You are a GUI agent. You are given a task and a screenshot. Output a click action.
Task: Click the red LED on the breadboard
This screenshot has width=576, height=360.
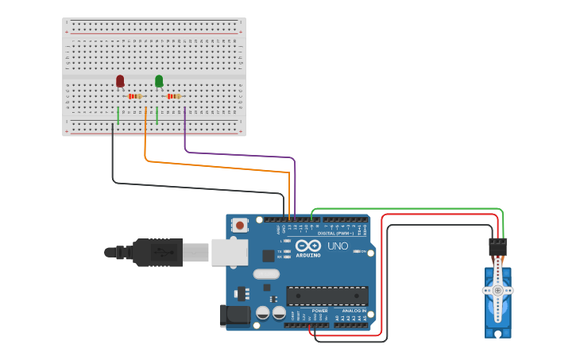point(120,80)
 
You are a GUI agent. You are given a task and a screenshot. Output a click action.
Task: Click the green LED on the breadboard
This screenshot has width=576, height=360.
point(159,80)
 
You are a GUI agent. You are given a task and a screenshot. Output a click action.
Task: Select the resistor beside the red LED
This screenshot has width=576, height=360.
point(134,96)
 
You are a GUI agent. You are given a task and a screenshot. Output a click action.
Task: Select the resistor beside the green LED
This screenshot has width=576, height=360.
point(173,96)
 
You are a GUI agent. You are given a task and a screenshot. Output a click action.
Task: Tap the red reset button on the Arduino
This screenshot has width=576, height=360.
point(239,226)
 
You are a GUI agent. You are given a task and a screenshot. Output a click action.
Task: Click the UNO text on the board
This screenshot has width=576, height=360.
point(338,246)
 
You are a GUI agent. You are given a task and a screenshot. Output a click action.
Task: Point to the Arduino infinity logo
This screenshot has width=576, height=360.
point(308,246)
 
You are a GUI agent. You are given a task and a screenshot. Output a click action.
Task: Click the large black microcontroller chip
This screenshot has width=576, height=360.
point(327,296)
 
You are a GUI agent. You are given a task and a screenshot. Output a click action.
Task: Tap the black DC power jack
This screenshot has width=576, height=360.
point(235,315)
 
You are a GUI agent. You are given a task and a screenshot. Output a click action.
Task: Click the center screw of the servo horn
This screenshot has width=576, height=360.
point(498,290)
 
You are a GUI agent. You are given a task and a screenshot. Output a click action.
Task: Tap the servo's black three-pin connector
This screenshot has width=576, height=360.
point(498,247)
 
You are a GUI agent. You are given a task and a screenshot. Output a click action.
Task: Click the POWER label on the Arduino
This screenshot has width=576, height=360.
point(320,311)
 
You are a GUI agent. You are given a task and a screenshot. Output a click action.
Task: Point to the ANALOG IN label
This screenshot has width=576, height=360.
point(354,311)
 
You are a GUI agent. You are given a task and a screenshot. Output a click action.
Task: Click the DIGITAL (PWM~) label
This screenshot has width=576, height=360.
point(335,234)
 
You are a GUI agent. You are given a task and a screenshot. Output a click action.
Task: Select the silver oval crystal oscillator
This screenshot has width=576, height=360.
point(266,274)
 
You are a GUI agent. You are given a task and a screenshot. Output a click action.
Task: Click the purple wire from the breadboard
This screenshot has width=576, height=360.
point(238,154)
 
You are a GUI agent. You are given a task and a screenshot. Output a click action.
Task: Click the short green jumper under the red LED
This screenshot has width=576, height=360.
point(118,115)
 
